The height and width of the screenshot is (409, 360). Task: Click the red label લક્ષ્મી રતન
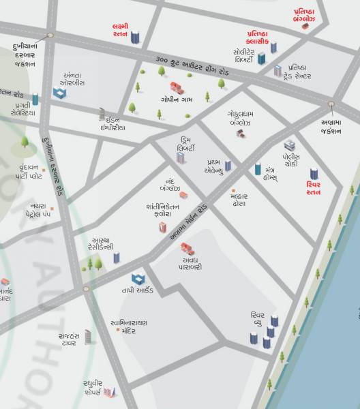coord(120,31)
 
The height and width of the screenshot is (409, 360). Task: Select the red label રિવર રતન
coord(315,187)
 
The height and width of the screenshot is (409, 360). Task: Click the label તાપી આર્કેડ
coord(138,290)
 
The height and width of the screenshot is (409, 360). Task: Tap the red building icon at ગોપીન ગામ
coord(177,87)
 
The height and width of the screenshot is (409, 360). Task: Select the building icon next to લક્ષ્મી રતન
coord(135,36)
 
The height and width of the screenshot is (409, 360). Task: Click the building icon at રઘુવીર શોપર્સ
coord(109,391)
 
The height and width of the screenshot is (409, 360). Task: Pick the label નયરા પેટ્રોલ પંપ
coord(37,209)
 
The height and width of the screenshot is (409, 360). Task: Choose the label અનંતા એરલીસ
coord(72,79)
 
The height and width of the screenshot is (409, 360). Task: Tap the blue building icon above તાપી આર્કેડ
coord(138,278)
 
